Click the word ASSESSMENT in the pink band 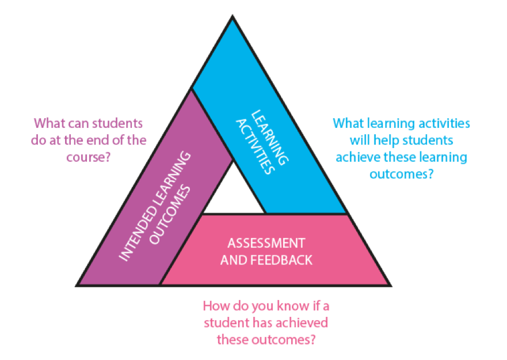pyautogui.click(x=266, y=242)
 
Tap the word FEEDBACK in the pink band pyautogui.click(x=282, y=260)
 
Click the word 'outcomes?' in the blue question pyautogui.click(x=401, y=173)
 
